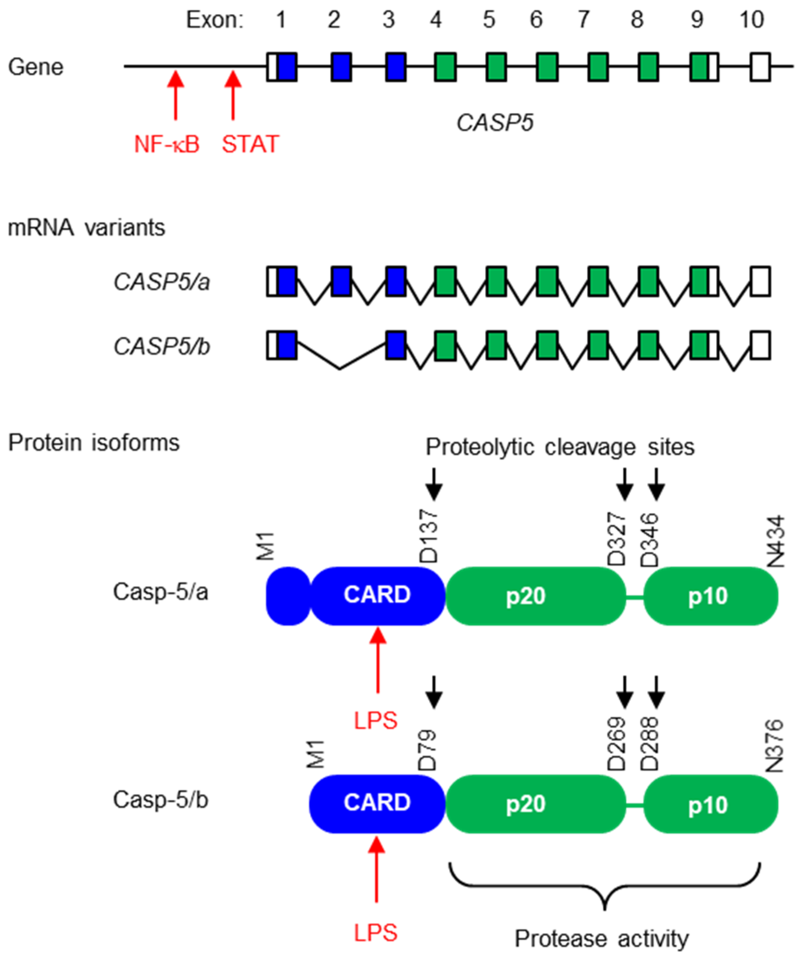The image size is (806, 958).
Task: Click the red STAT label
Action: point(250,144)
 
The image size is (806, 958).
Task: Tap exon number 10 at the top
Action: point(752,20)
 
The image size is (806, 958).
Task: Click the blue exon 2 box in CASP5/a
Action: point(341,282)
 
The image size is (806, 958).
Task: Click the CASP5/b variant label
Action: point(162,346)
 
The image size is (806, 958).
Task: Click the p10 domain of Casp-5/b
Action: point(708,804)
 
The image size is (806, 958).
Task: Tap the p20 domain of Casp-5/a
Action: point(526,596)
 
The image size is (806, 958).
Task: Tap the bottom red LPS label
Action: point(376,933)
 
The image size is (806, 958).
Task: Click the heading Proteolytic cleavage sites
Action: point(560,447)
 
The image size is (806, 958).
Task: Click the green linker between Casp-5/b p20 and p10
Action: point(635,804)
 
